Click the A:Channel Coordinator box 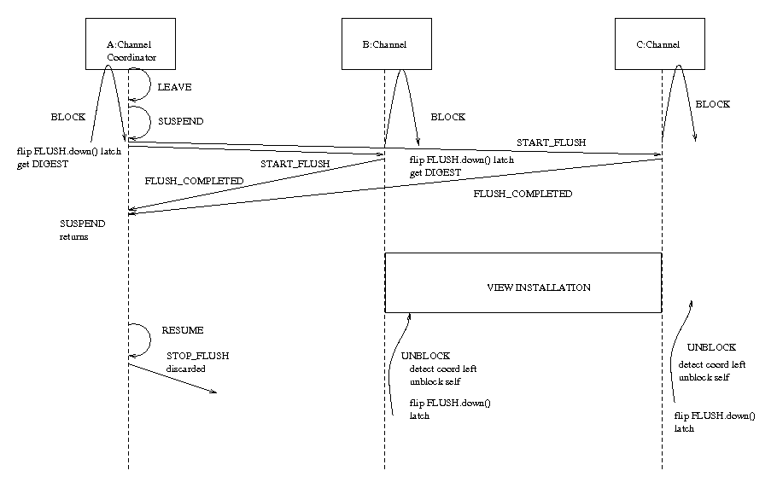click(x=130, y=43)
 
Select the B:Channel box click(x=384, y=44)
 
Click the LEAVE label click(x=175, y=87)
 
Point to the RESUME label click(x=183, y=329)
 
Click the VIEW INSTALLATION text click(x=538, y=288)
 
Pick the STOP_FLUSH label click(x=198, y=355)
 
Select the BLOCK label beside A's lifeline click(x=68, y=117)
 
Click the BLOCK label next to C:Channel click(x=713, y=104)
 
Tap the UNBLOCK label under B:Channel click(x=425, y=356)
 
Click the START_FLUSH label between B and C click(x=551, y=142)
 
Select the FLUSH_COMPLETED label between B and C click(x=523, y=195)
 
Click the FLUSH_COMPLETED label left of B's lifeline click(x=194, y=181)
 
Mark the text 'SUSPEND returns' click(x=82, y=229)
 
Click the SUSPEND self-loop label click(x=181, y=122)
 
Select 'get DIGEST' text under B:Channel click(x=435, y=172)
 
